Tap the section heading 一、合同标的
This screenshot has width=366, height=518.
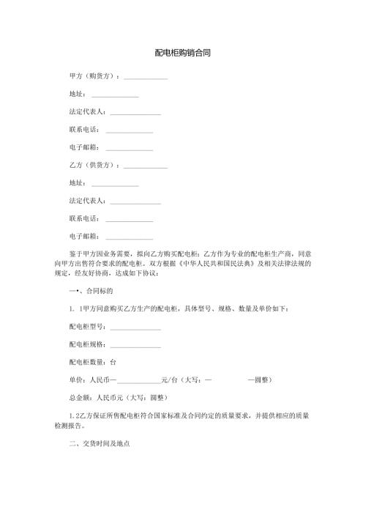[x=87, y=291]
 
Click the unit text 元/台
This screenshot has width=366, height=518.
[x=169, y=380]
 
